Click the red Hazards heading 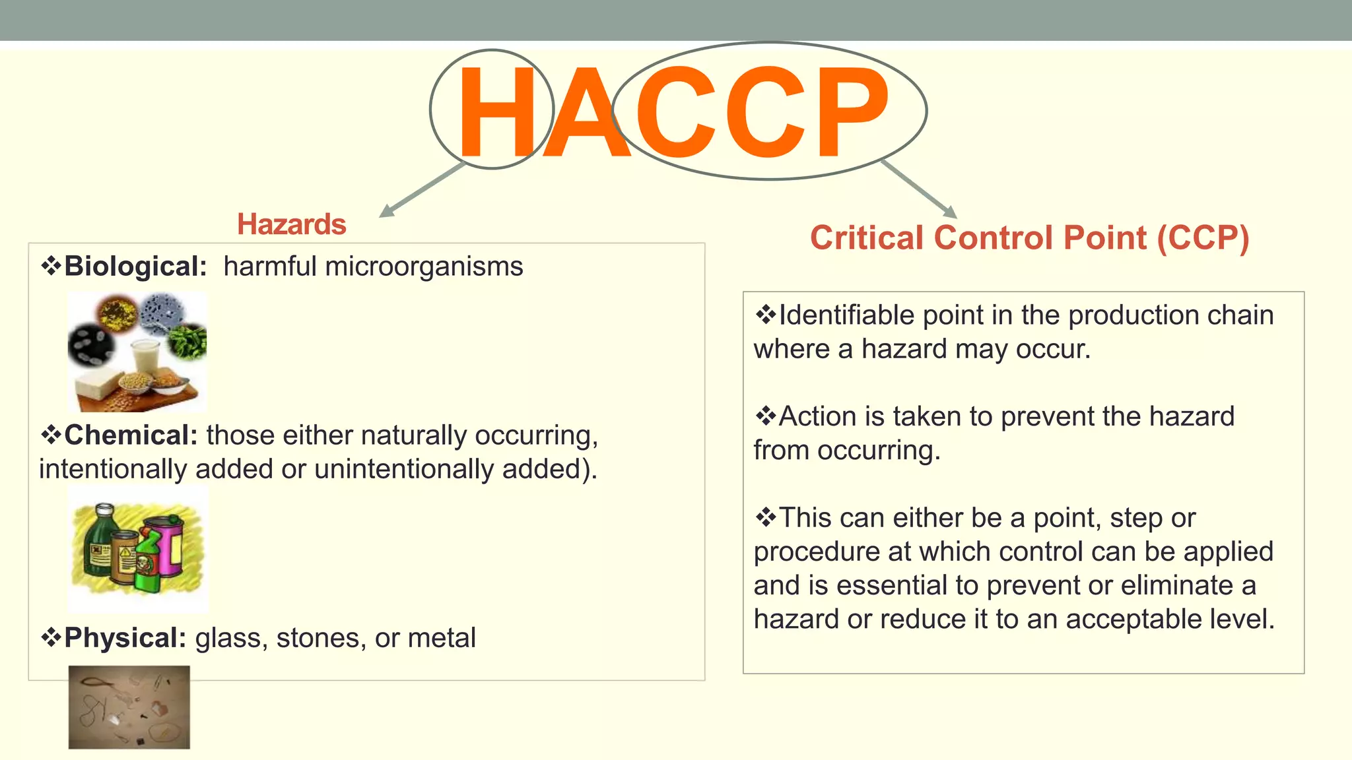click(x=291, y=224)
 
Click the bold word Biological click(x=135, y=267)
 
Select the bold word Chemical click(x=131, y=435)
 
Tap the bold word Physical click(x=125, y=638)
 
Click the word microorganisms click(x=424, y=267)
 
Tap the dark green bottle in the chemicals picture click(x=100, y=541)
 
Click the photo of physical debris click(x=129, y=707)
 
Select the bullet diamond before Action click(x=765, y=416)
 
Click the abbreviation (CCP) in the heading click(x=1203, y=238)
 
